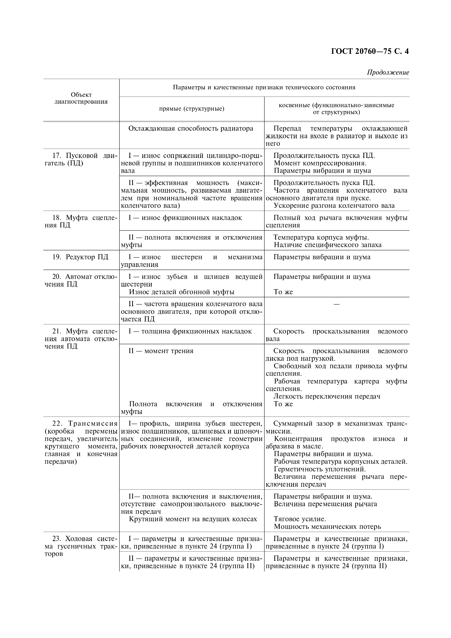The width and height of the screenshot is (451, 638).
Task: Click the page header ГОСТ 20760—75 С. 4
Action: coord(370,52)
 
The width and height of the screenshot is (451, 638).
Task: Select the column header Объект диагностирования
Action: coord(81,98)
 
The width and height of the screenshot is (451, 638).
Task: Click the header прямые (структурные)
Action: coord(192,109)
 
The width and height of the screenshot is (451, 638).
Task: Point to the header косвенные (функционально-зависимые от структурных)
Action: coord(336,109)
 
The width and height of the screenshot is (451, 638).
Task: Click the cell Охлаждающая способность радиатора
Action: coord(191,128)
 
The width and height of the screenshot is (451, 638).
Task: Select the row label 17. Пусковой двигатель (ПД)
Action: coord(81,159)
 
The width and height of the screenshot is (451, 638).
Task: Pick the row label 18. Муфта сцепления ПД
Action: coord(81,221)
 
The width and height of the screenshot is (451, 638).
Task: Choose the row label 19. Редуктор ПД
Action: coord(80,257)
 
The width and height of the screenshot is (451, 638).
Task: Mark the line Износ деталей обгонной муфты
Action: coord(182,292)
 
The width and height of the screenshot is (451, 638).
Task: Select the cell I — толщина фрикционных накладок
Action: coord(190,331)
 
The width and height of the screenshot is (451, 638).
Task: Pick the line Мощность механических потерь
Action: coord(327,526)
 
